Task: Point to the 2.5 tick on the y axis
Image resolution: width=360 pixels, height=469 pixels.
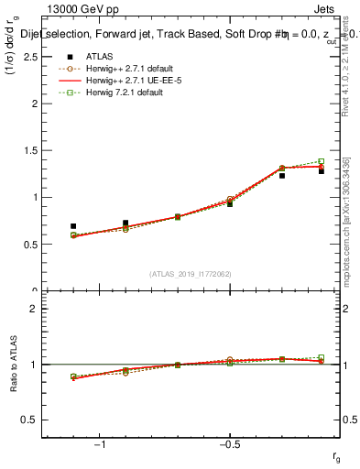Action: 34,57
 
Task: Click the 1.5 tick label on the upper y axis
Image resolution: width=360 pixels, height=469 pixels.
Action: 34,150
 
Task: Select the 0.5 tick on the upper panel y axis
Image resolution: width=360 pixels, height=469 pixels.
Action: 34,245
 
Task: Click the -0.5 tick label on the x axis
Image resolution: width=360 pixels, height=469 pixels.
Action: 229,443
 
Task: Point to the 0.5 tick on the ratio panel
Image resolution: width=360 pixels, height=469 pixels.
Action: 34,420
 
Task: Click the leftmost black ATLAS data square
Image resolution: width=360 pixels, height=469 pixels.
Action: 73,226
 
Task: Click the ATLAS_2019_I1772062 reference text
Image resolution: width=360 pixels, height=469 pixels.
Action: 191,274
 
